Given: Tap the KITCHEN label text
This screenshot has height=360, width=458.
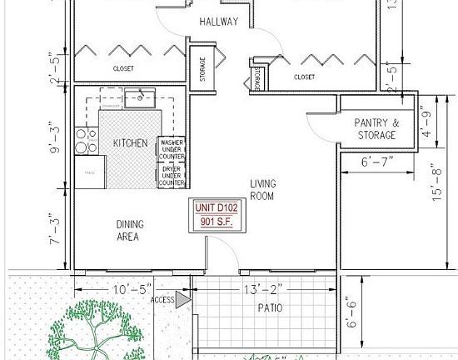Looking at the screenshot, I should coord(131,143).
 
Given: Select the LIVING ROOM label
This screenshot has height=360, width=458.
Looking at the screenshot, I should coord(263,189).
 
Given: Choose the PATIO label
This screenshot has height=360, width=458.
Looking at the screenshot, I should coord(269,307).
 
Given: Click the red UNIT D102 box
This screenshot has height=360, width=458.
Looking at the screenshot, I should coord(216,215).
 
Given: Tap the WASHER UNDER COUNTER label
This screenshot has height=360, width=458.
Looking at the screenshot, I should coord(172,149).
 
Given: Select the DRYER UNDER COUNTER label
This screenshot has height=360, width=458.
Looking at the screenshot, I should coord(172,176).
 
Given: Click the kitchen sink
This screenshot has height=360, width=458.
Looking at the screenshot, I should coord(140,99).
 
